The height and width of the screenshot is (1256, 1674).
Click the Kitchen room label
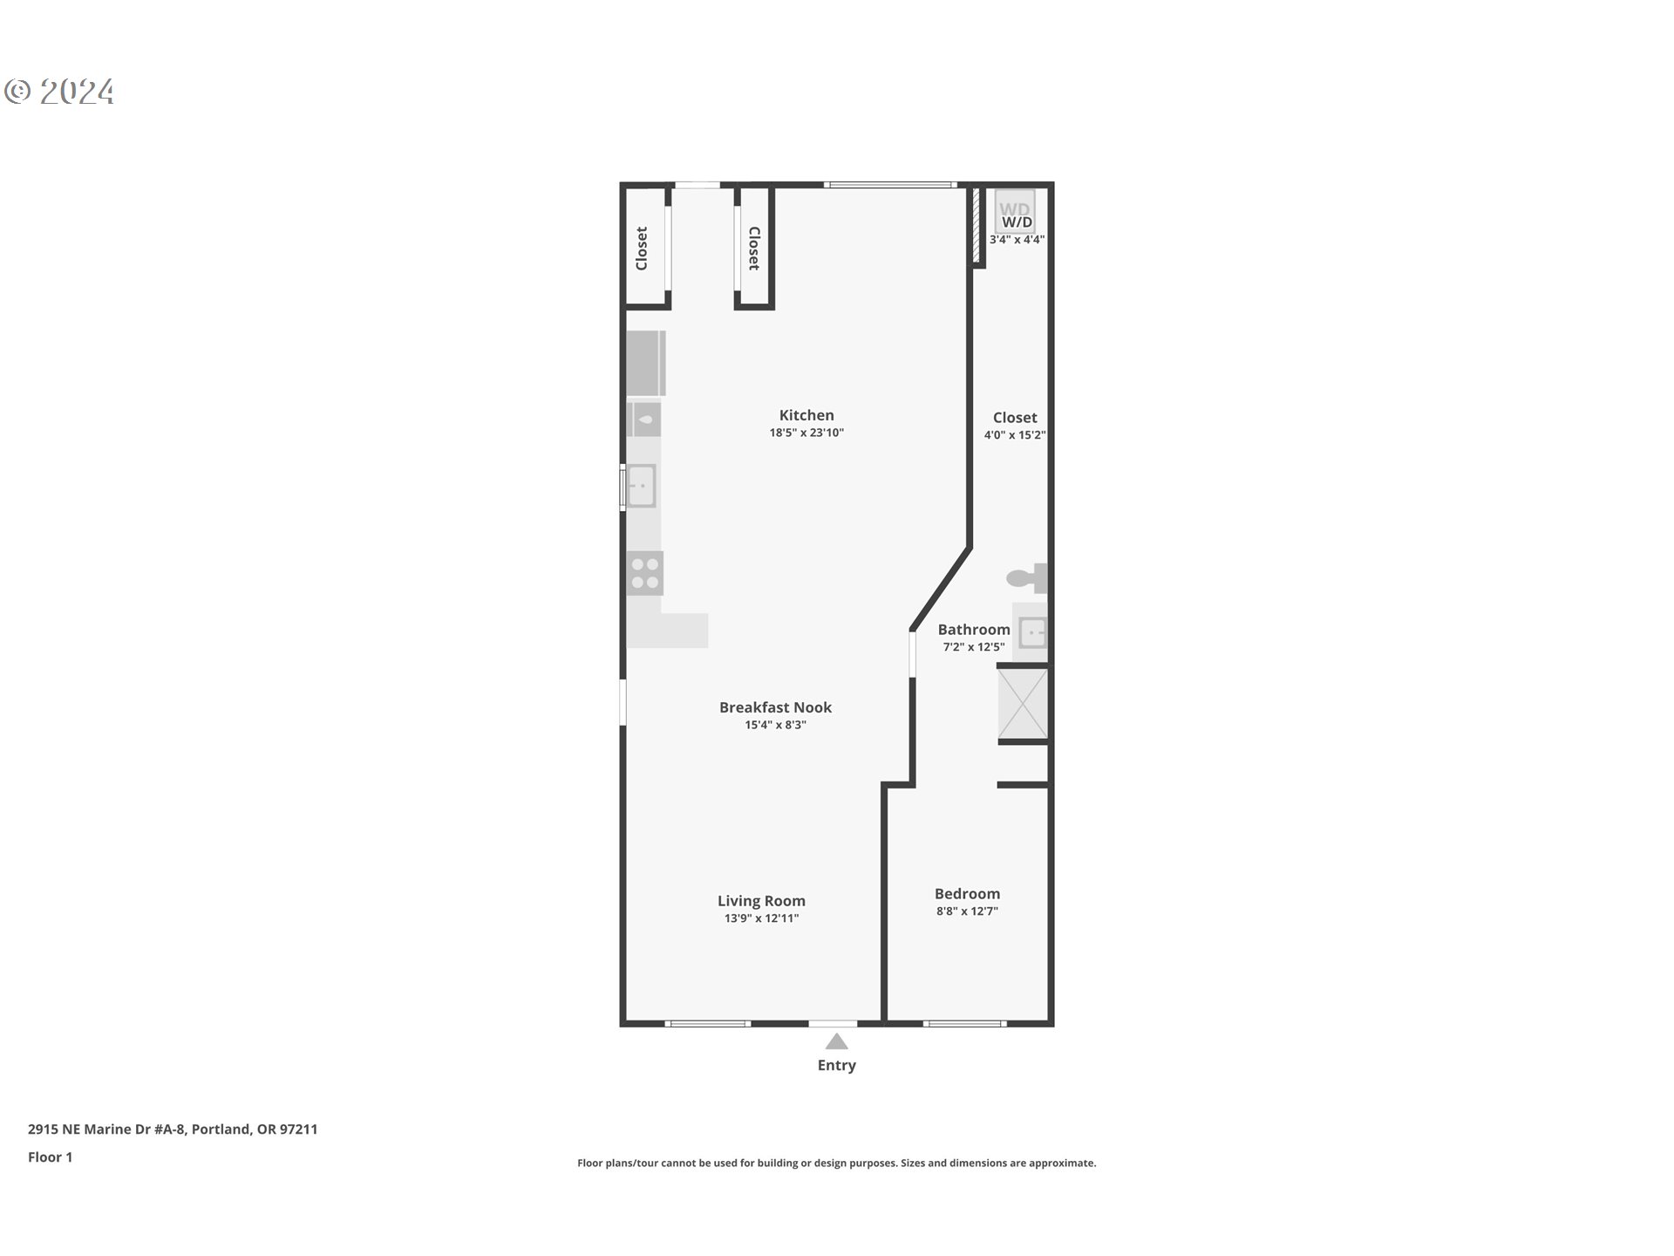(x=806, y=415)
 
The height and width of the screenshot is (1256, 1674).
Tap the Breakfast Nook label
(x=775, y=707)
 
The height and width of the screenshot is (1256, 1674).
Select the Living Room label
(x=761, y=901)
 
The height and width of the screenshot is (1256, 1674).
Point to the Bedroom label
(x=967, y=894)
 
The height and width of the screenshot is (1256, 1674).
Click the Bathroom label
(x=974, y=630)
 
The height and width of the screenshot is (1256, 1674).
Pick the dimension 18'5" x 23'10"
(x=806, y=433)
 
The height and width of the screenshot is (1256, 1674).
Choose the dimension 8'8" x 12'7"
(x=967, y=911)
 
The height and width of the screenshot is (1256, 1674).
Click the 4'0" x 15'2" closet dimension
(x=1015, y=435)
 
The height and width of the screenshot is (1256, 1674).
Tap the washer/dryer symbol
(x=1015, y=211)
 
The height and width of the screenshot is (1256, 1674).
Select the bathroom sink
(x=1032, y=631)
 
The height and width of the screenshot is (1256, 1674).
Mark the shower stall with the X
(x=1023, y=704)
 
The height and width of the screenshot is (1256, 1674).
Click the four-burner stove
(x=645, y=573)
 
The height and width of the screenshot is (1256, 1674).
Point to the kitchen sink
(x=641, y=486)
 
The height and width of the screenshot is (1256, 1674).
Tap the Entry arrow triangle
(x=837, y=1041)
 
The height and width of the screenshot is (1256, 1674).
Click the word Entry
(x=837, y=1065)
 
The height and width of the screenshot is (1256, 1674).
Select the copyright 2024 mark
(x=60, y=92)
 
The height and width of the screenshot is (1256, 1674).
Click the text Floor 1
(x=50, y=1157)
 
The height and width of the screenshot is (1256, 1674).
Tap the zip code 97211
(x=298, y=1130)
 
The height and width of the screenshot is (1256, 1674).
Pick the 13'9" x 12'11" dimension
(x=761, y=918)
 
